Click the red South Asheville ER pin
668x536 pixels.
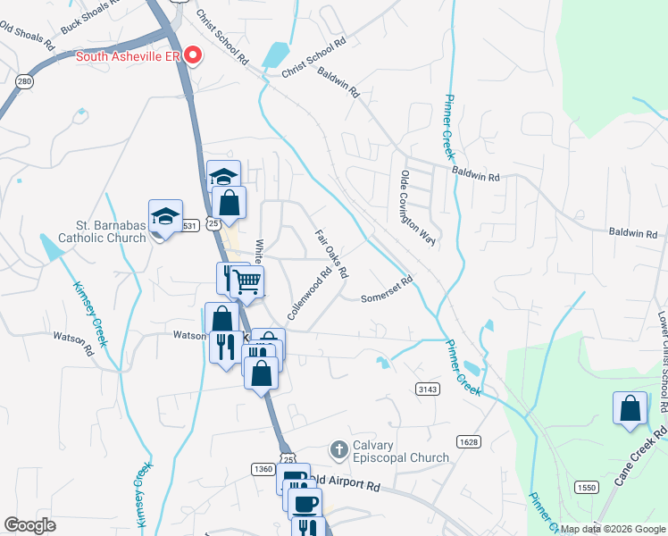192,56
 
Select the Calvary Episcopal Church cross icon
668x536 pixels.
338,448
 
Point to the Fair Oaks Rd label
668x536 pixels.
330,252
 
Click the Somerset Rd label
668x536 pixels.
387,290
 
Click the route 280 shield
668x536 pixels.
25,82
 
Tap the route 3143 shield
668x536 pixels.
428,388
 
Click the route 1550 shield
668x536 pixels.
586,487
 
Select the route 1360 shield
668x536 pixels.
263,469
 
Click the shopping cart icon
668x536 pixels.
246,282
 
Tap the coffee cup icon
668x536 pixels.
305,502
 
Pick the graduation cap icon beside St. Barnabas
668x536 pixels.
165,216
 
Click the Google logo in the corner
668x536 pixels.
31,525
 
